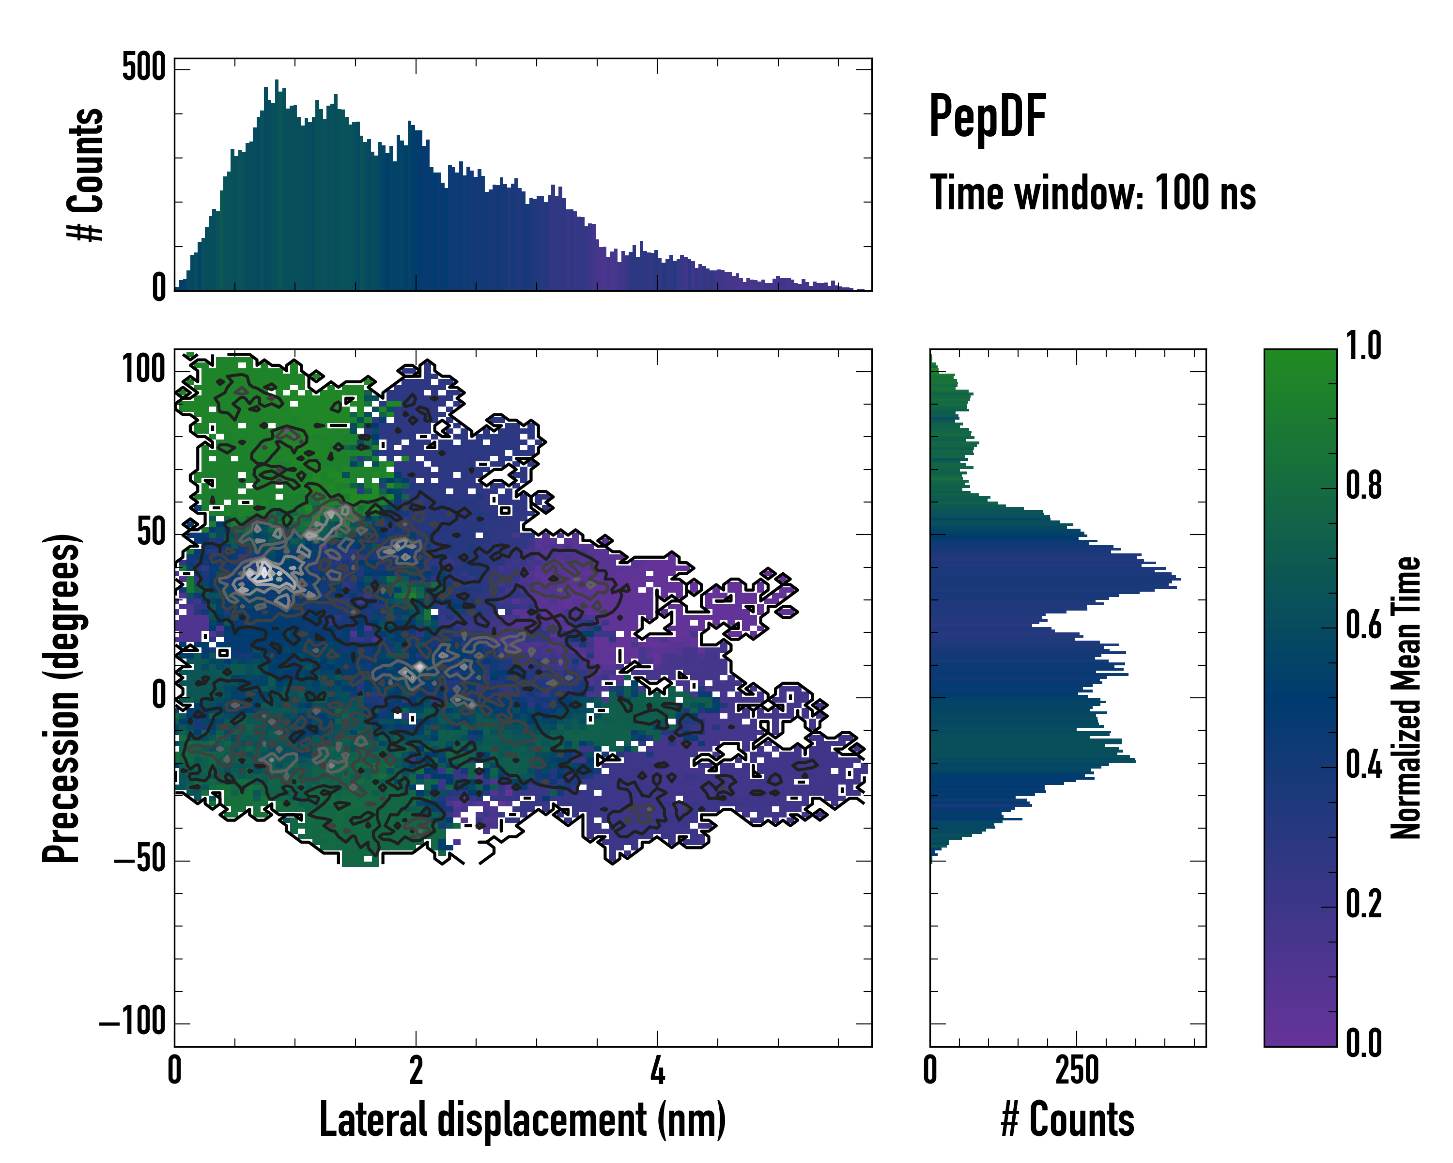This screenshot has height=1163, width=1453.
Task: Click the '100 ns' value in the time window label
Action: click(1205, 193)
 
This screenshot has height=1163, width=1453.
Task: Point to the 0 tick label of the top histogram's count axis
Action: click(159, 287)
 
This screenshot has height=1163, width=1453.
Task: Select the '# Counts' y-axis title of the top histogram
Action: click(86, 174)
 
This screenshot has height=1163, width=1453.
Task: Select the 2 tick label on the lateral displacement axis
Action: click(416, 1070)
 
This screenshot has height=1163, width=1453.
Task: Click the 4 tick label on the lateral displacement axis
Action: click(657, 1070)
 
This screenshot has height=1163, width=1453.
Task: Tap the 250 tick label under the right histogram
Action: click(1077, 1070)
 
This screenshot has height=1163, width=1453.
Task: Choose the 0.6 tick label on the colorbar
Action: click(1363, 625)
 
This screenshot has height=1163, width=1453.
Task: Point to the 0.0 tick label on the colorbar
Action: click(1363, 1043)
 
